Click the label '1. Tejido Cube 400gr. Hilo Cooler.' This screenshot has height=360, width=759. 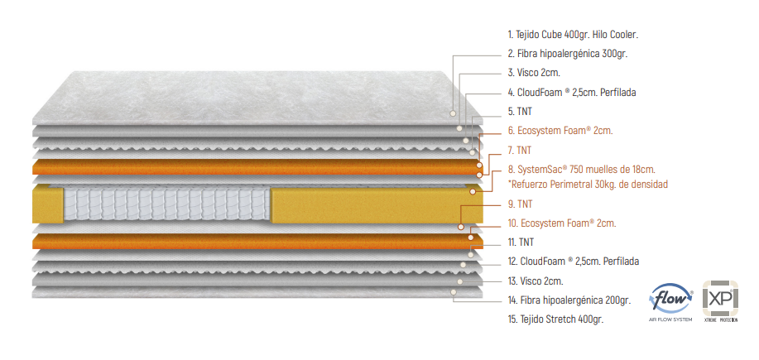(573, 35)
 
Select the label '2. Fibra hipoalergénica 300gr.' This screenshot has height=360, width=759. (567, 54)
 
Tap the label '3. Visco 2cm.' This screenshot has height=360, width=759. (534, 73)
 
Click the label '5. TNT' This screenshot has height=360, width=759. (520, 111)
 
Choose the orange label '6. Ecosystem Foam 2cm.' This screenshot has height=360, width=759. (560, 131)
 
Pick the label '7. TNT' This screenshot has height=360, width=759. (520, 151)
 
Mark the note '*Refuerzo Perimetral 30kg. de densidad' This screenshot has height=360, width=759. (588, 184)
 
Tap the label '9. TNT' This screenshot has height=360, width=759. (520, 204)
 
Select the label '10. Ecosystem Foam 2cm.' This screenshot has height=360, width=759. (562, 223)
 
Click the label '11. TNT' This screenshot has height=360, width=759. (521, 242)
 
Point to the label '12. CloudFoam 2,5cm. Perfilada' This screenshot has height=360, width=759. (573, 262)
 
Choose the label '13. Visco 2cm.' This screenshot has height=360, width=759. (536, 281)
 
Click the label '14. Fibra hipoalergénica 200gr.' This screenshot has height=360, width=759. (569, 300)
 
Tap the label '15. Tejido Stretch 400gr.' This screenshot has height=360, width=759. (555, 319)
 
